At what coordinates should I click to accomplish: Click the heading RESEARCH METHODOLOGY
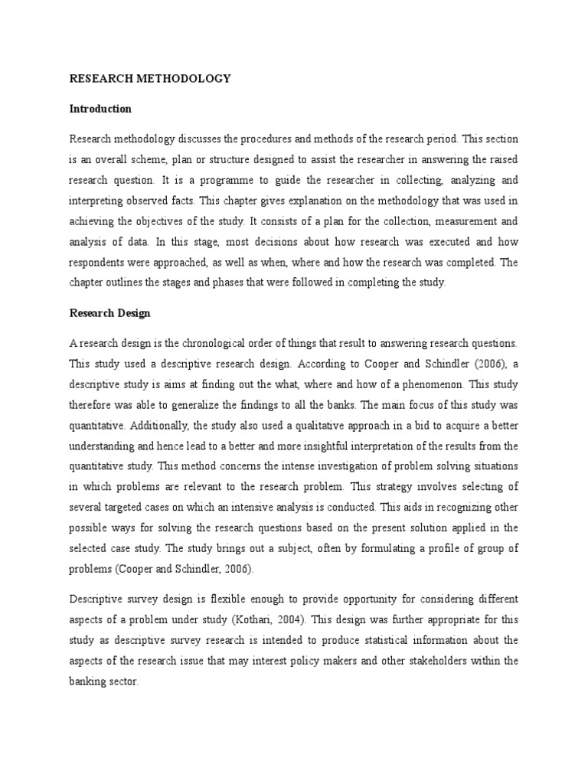click(x=150, y=79)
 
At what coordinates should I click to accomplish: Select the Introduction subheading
click(x=100, y=109)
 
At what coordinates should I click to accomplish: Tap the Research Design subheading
click(x=110, y=313)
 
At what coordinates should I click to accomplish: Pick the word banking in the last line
click(x=89, y=678)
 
